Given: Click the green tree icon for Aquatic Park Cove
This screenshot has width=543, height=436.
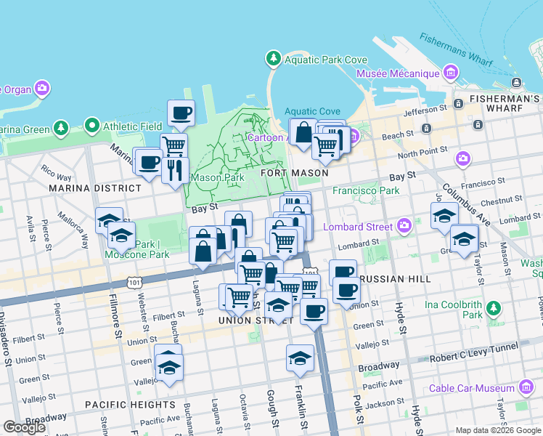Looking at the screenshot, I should [273, 58].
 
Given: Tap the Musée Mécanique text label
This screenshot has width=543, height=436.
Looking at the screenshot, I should [398, 73].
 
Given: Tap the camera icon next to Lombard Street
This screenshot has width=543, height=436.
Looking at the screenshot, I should [405, 226].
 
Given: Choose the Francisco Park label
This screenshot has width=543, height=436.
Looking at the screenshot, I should [366, 191].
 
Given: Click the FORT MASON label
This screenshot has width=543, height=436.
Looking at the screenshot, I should [294, 173].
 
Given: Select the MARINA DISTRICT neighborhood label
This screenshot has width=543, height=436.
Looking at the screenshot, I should [94, 188].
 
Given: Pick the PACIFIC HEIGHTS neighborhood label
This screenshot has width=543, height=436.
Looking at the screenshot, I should [129, 404].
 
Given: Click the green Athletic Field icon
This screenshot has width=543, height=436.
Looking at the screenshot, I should [91, 126].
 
